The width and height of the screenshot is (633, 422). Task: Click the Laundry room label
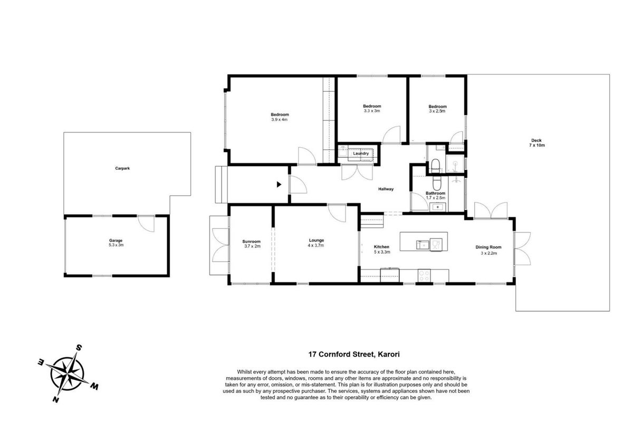[x=361, y=153]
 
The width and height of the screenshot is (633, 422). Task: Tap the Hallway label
[x=386, y=189]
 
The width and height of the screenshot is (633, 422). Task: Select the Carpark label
[x=122, y=168]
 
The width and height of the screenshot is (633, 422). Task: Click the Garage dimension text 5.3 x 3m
[x=116, y=245]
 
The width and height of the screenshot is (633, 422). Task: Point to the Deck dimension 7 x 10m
[x=537, y=145]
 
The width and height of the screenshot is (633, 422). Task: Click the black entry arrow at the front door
[x=279, y=185]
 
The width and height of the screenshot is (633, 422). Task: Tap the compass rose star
[x=68, y=373]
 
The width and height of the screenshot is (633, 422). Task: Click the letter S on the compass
[x=80, y=348]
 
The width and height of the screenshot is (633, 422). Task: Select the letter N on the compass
[x=56, y=399]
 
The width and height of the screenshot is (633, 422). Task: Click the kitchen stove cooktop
[x=424, y=275]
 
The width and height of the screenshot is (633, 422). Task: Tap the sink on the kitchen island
[x=423, y=244]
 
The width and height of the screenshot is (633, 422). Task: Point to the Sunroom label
[x=251, y=242]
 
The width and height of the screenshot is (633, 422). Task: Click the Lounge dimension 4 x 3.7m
[x=316, y=245]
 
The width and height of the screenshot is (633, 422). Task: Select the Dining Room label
[x=488, y=247]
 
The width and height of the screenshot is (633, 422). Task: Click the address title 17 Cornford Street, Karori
[x=354, y=354]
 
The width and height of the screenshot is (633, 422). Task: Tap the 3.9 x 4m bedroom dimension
[x=280, y=120]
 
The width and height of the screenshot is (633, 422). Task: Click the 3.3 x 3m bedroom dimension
[x=372, y=111]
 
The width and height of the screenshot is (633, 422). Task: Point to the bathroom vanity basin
[x=437, y=207]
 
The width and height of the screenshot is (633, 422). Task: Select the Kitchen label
[x=381, y=247]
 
